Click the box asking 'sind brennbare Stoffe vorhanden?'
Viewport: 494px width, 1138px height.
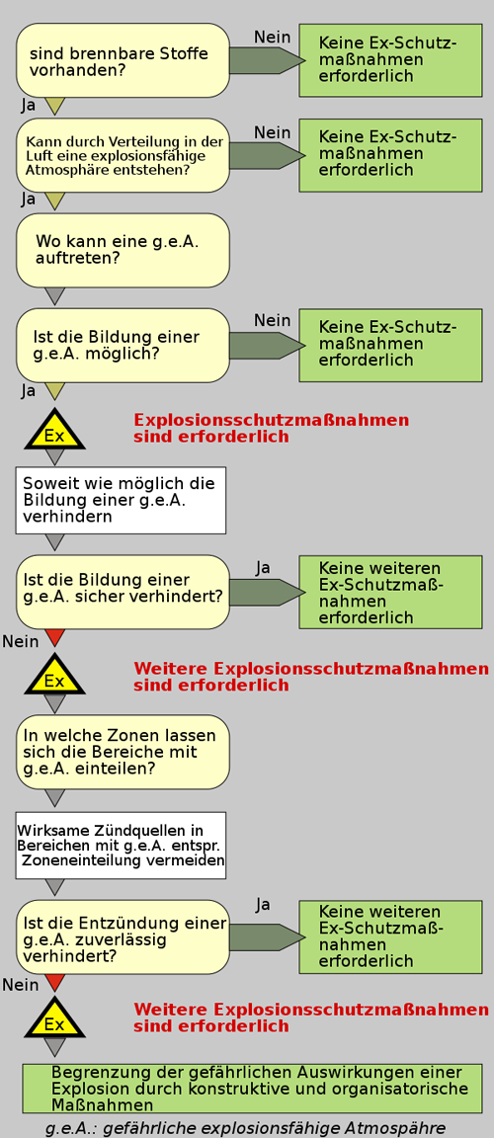pos(123,60)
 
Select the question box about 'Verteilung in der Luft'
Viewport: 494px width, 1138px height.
pos(123,155)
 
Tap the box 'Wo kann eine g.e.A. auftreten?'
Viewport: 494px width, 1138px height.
pos(123,250)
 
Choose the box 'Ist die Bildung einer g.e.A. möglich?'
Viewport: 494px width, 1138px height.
pos(123,345)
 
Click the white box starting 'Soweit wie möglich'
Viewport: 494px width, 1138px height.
pos(122,500)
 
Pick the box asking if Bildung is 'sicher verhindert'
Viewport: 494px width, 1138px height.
pos(123,592)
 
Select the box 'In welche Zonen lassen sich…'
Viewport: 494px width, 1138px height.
pos(123,752)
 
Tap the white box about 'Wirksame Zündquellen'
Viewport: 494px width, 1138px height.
pos(122,846)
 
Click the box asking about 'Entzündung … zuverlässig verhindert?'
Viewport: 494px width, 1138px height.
pos(123,936)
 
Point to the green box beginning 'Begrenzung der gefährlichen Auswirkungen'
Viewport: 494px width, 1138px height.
pos(253,1089)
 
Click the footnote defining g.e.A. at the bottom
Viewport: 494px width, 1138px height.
pos(245,1128)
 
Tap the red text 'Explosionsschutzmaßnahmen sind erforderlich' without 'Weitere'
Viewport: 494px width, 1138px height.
pos(272,428)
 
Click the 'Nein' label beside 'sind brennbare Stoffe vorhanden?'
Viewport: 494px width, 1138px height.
pos(273,37)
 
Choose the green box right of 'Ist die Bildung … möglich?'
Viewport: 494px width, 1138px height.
pos(391,345)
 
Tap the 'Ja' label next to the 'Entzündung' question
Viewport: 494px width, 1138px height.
pos(264,904)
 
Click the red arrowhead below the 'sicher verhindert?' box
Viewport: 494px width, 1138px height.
pos(55,638)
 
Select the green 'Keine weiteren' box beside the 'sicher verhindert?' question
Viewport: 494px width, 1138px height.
pos(391,593)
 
